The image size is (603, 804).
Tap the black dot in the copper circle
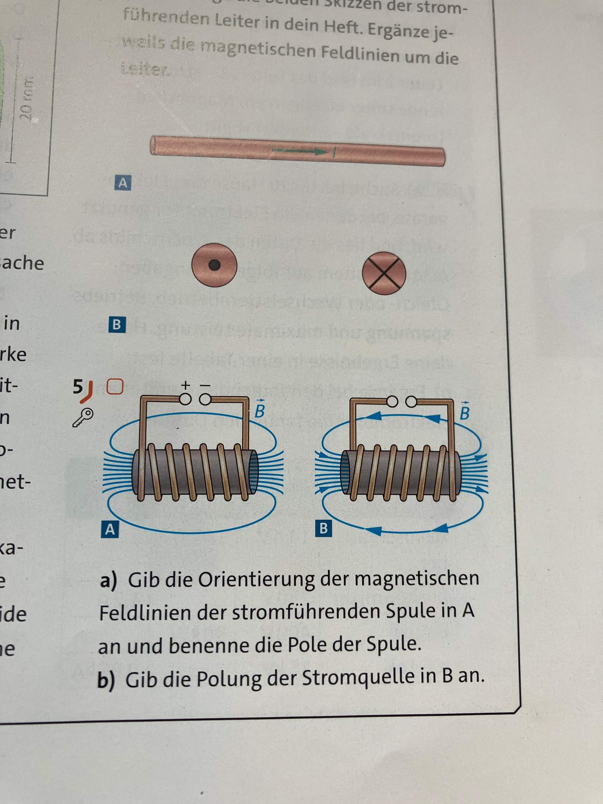click(215, 266)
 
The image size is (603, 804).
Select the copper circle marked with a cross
click(384, 273)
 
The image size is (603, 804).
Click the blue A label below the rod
click(123, 182)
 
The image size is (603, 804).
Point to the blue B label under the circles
click(117, 324)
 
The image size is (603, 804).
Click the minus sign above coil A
click(205, 384)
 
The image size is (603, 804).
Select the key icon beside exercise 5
click(83, 417)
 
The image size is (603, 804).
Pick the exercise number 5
click(78, 387)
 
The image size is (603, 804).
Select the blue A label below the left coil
click(110, 530)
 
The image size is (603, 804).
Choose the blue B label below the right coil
click(323, 528)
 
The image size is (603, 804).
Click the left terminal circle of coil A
click(185, 399)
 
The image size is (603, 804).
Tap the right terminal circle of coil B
click(411, 402)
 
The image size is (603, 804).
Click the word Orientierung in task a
click(256, 580)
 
